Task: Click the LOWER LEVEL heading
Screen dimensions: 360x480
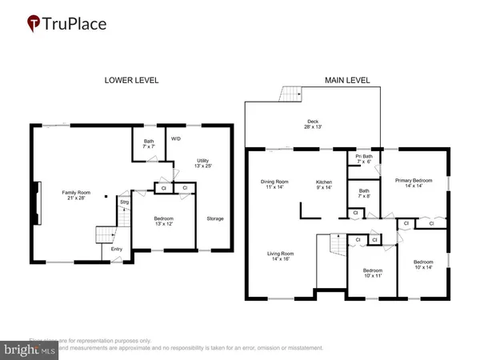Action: (x=131, y=80)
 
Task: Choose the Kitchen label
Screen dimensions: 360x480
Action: (x=324, y=182)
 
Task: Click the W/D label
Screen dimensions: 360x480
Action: (x=177, y=137)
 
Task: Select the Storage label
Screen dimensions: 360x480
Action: (x=214, y=218)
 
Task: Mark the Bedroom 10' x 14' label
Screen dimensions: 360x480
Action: (x=423, y=266)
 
